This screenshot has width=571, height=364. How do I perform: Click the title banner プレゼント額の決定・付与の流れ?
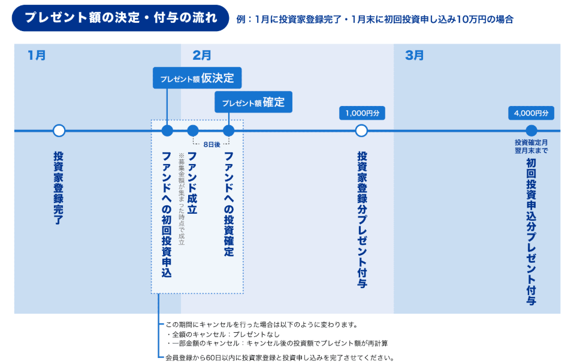click(x=120, y=17)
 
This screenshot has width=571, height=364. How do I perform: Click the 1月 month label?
click(x=37, y=56)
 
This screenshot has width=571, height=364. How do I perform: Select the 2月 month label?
click(x=202, y=56)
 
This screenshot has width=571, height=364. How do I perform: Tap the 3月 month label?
click(x=414, y=56)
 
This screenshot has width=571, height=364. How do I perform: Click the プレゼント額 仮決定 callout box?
click(x=197, y=78)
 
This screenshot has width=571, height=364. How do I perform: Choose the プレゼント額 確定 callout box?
click(x=253, y=102)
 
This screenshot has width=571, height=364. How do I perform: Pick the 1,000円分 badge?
click(x=361, y=113)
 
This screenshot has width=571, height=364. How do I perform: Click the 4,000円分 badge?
click(x=531, y=113)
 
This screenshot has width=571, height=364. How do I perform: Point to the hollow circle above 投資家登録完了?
click(x=59, y=131)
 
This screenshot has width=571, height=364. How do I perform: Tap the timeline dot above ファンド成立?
click(x=193, y=131)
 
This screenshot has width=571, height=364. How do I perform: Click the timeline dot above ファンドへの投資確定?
click(x=228, y=131)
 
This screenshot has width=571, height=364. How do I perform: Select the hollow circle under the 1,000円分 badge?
click(x=361, y=131)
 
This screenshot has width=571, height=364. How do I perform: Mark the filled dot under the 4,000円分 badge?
click(x=531, y=131)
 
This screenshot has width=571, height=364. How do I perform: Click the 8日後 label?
click(x=212, y=144)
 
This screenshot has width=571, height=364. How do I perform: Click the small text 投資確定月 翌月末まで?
click(x=531, y=146)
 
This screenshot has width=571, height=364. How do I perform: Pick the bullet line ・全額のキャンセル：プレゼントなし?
click(x=223, y=334)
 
